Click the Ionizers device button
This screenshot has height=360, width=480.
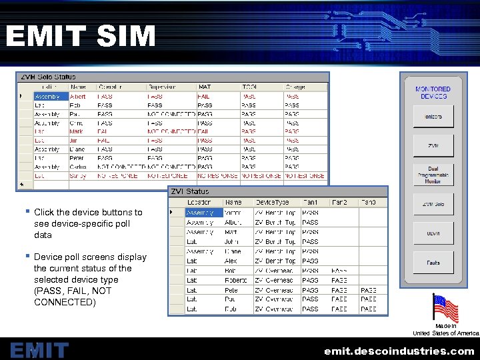click(433, 117)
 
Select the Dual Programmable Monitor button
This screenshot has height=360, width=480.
click(433, 175)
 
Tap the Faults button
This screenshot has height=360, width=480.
click(433, 263)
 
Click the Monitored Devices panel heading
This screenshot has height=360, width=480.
click(433, 93)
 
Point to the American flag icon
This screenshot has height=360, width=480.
click(445, 309)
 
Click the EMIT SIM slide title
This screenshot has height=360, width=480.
click(80, 36)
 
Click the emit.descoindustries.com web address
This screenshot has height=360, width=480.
click(399, 351)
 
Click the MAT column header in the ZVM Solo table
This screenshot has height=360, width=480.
click(205, 87)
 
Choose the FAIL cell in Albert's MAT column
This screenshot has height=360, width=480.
click(204, 96)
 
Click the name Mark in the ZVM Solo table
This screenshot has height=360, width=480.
click(77, 132)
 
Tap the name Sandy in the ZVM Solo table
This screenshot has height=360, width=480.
click(79, 176)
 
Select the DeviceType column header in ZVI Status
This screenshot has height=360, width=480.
click(272, 202)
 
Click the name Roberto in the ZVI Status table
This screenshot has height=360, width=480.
click(235, 281)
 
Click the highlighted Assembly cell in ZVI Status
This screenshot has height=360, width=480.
click(204, 212)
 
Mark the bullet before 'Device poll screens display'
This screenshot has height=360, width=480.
click(28, 255)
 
